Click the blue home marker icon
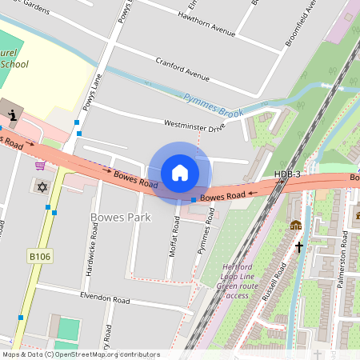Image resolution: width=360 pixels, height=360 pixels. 180,173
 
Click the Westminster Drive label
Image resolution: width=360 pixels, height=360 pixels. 194,126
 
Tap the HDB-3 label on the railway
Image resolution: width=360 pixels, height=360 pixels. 287,174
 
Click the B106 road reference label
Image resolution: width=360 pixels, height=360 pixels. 39,256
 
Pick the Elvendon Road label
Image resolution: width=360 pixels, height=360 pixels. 94,298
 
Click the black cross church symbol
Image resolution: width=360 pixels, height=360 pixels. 300,247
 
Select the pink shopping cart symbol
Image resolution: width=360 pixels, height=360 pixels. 40,166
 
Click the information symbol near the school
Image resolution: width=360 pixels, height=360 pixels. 11,107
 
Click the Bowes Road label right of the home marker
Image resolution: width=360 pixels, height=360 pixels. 222,196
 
